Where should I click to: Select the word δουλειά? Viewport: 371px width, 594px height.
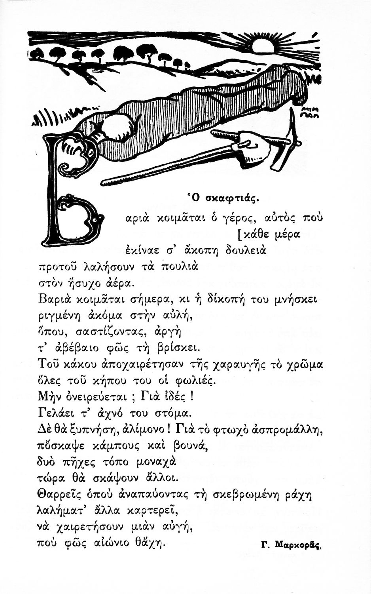[246, 250]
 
